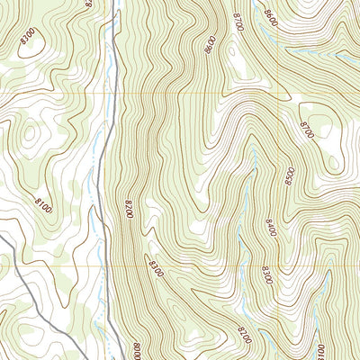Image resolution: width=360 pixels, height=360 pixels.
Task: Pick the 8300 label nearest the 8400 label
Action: coord(266,272)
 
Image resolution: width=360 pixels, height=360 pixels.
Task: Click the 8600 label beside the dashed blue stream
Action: coord(271,16)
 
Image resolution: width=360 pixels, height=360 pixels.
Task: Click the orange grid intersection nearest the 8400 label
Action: coord(278,266)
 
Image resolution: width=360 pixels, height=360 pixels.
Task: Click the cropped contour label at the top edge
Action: coord(89,4)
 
